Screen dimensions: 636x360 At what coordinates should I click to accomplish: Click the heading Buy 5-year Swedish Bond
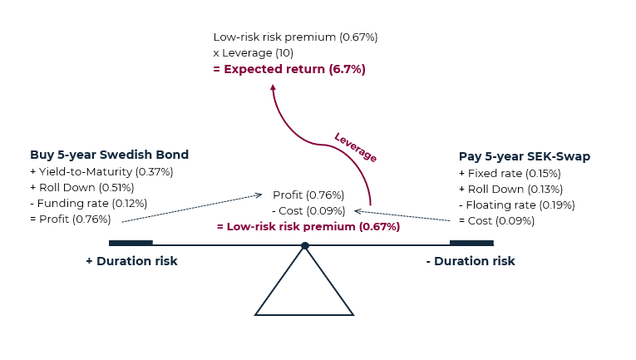tap(109, 155)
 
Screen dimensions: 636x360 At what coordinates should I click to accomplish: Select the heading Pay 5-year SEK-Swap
tap(525, 156)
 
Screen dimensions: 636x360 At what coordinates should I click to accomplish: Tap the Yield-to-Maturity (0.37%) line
tap(101, 172)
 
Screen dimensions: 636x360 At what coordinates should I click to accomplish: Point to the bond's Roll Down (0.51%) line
tap(82, 188)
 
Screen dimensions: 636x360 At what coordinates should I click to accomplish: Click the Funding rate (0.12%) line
tap(88, 204)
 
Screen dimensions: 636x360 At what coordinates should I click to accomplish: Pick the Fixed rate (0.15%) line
tap(510, 174)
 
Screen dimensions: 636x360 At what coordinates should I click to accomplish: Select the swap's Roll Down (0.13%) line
tap(510, 190)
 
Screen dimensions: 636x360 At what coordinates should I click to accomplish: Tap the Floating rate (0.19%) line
tap(517, 205)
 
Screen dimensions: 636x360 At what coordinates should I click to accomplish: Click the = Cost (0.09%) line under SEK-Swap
tap(497, 221)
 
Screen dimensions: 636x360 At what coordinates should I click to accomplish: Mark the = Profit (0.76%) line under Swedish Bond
tap(71, 219)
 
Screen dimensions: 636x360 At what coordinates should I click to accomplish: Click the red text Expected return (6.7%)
tap(294, 69)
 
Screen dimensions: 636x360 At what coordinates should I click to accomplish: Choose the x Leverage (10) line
tap(253, 53)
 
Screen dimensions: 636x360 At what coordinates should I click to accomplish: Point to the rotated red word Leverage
tap(355, 147)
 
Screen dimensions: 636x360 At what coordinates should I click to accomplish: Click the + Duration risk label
tap(131, 261)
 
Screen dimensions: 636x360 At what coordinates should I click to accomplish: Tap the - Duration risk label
tap(471, 261)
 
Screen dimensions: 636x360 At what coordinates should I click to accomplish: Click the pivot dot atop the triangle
tap(305, 245)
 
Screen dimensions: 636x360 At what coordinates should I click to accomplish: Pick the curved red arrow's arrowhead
tap(273, 87)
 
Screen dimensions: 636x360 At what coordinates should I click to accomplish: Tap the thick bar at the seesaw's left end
tap(131, 243)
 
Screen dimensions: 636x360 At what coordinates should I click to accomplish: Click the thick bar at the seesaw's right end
tap(471, 243)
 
